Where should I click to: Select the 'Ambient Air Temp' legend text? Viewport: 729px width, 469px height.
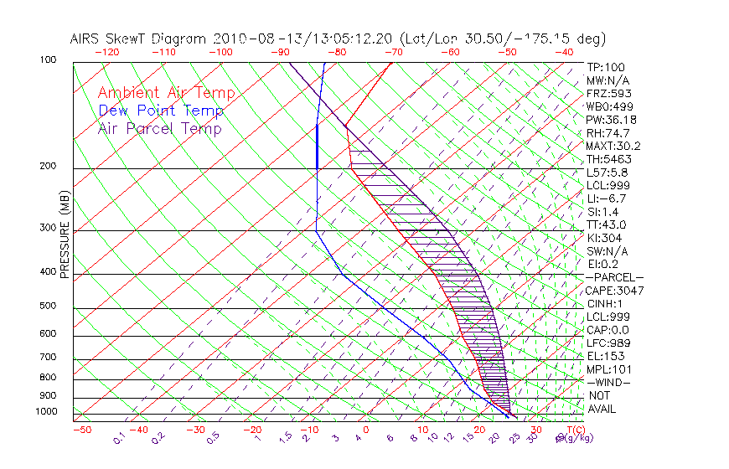[x=166, y=94]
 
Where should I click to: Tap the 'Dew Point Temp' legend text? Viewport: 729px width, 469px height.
[x=161, y=111]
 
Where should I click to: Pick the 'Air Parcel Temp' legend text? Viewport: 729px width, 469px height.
[x=159, y=129]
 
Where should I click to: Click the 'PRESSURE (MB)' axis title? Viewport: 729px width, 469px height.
[x=65, y=236]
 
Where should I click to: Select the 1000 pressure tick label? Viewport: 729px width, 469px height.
[x=47, y=412]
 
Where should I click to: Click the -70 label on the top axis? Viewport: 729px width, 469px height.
[x=392, y=52]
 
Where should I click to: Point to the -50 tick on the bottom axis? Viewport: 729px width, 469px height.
[x=81, y=430]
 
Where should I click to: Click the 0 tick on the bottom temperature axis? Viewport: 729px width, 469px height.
[x=365, y=430]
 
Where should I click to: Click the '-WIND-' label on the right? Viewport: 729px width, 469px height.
[x=608, y=382]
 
